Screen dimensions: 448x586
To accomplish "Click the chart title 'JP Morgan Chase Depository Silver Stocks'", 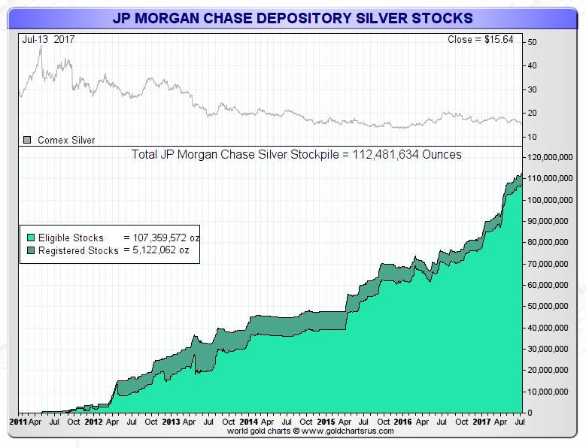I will [x=293, y=17].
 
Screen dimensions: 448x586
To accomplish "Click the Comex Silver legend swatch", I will [x=27, y=140].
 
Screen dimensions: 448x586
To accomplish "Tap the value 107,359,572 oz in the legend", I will [x=161, y=238].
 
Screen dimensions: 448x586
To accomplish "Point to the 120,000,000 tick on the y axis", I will [x=553, y=158].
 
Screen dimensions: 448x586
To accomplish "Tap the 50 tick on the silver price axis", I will [x=533, y=42].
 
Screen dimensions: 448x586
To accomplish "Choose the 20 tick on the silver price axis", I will [x=533, y=113].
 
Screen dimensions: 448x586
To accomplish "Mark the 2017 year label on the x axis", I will [x=481, y=422].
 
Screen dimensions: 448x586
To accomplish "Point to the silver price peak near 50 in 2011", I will [x=40, y=47].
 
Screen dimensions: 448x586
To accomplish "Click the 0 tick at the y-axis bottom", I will [x=530, y=413].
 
